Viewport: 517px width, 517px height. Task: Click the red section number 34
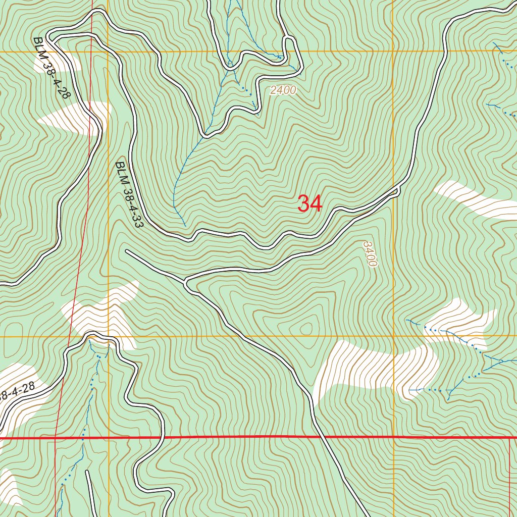309,204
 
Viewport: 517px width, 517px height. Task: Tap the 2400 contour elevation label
283,90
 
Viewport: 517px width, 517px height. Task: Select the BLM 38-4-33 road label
129,195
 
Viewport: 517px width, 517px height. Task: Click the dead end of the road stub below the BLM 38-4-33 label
126,250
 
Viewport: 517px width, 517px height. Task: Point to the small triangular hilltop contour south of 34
306,329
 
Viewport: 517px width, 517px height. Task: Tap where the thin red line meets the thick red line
55,438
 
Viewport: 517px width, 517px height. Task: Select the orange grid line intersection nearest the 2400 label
393,51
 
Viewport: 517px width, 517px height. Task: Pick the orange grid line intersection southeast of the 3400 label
393,336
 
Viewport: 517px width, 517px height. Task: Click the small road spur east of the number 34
398,190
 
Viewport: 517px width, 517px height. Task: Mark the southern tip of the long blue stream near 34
185,225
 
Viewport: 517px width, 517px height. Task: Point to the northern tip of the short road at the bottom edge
87,472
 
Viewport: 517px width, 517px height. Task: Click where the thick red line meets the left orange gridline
109,438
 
